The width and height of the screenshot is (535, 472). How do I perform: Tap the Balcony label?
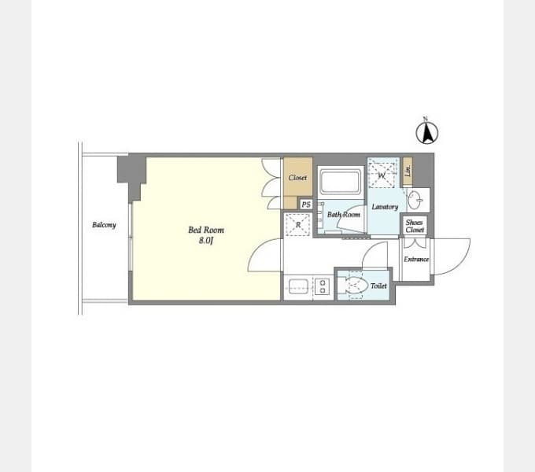[104, 225]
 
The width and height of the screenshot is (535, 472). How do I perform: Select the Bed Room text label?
[206, 230]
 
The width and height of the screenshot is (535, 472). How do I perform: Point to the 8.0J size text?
[206, 241]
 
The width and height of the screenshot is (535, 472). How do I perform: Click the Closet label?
[297, 178]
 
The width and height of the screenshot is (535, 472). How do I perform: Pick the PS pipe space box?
[306, 205]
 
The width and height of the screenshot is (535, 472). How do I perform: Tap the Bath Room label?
[344, 215]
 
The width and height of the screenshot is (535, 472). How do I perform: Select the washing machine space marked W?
[382, 175]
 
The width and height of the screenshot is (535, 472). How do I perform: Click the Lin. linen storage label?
[408, 171]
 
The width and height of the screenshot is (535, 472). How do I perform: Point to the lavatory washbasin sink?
[416, 200]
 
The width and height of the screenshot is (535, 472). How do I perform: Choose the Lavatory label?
[385, 207]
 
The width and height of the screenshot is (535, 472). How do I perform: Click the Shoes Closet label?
[415, 226]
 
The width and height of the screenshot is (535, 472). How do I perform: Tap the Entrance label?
[416, 260]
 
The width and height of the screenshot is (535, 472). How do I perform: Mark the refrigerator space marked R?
[298, 224]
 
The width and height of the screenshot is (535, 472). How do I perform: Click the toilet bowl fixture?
[356, 285]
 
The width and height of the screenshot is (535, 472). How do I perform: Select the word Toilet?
[378, 286]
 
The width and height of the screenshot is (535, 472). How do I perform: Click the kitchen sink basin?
[298, 286]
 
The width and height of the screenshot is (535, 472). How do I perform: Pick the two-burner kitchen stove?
[323, 286]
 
